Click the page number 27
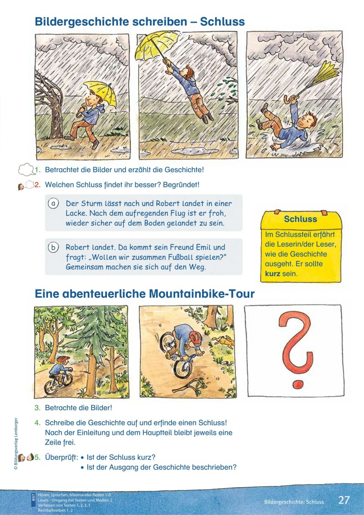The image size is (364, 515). [344, 500]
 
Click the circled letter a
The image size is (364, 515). [53, 204]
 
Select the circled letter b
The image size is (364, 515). [53, 247]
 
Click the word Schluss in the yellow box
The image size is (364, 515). [300, 219]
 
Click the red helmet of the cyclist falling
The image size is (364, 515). [196, 337]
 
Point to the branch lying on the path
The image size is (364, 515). [187, 385]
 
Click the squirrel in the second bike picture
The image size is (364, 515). [223, 342]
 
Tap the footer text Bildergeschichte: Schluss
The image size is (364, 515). [294, 502]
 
